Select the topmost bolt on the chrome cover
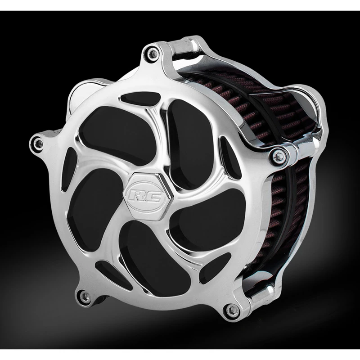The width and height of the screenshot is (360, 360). [152, 54]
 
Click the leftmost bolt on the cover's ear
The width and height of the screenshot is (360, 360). [38, 143]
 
